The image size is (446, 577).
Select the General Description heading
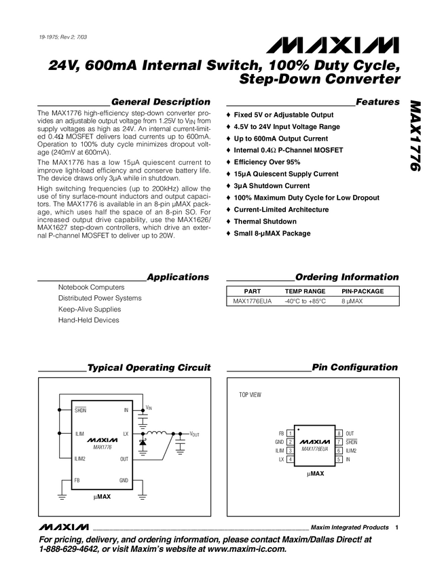160,102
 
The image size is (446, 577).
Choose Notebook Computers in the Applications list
91,287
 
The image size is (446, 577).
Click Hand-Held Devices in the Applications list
88,320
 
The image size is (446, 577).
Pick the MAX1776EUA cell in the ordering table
252,300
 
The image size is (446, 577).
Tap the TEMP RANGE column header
305,291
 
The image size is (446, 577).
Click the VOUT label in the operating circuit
196,433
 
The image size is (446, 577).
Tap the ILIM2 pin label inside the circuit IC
81,459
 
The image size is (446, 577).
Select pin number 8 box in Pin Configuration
339,433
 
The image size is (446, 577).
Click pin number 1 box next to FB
290,433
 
